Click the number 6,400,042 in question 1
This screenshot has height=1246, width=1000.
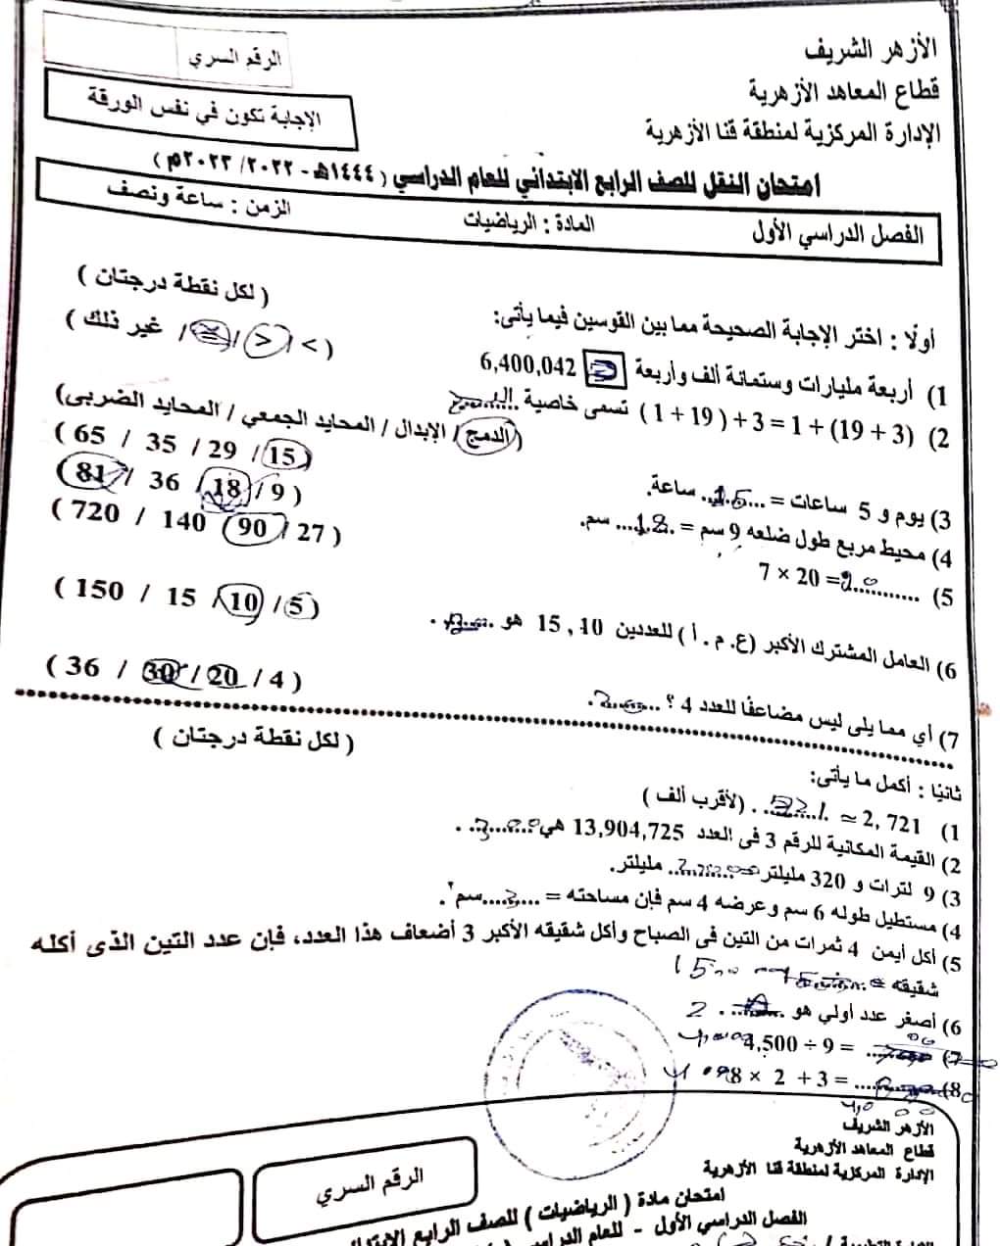526,365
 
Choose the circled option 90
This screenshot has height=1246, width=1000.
253,528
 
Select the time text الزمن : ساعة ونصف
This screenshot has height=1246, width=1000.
206,197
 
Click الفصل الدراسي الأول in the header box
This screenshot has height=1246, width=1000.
836,236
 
